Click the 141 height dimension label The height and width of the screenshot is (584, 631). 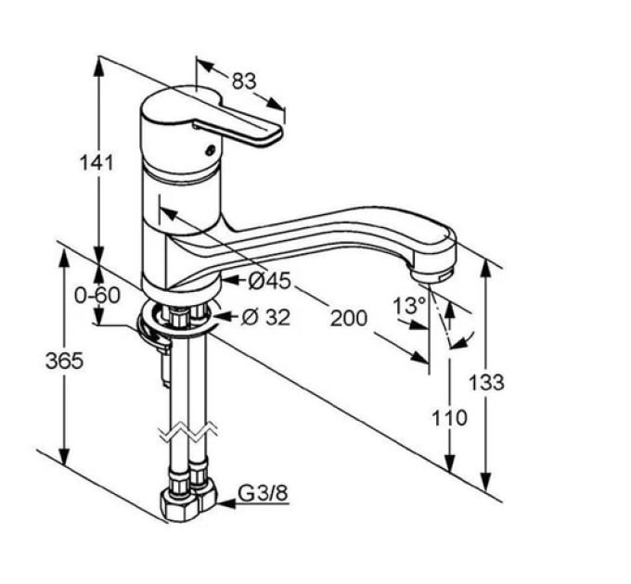(x=97, y=163)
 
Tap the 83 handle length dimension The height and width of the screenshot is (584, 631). (x=244, y=82)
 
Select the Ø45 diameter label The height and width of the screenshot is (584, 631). (x=269, y=281)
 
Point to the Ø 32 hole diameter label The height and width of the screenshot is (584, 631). (x=265, y=318)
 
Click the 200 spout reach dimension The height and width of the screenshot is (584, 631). (x=349, y=318)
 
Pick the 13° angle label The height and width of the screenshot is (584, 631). (x=409, y=306)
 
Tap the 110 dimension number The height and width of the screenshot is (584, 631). (x=449, y=417)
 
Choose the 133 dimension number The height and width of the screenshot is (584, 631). (x=486, y=382)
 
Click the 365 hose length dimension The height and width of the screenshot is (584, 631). (x=64, y=361)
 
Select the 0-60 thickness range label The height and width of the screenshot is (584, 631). (x=97, y=296)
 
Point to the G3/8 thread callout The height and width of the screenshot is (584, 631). (x=264, y=493)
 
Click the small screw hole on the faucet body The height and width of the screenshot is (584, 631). (x=211, y=151)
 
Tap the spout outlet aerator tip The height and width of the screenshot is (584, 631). (x=434, y=274)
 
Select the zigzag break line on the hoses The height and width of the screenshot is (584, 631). (x=188, y=433)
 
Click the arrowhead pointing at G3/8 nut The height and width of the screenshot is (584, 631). (x=226, y=502)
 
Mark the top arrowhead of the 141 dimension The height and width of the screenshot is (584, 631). (x=98, y=67)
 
